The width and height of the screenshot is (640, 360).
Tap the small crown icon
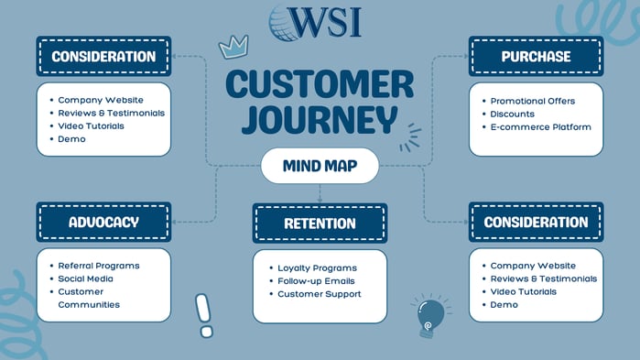[233, 48]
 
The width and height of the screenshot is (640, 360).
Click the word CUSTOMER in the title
[320, 85]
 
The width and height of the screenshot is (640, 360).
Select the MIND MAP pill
[320, 167]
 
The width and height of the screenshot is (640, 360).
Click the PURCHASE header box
[536, 57]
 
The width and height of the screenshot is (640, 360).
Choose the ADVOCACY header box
[103, 223]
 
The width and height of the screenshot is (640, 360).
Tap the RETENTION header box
[320, 224]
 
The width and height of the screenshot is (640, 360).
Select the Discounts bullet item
[512, 114]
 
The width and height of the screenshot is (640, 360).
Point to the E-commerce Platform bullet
[540, 127]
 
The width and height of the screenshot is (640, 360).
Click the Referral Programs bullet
[98, 266]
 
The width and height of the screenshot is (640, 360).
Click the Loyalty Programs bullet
[317, 267]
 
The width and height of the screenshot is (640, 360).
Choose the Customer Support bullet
[319, 294]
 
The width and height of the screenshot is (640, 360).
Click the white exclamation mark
[203, 314]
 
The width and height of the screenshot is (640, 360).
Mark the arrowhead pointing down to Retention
[320, 199]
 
